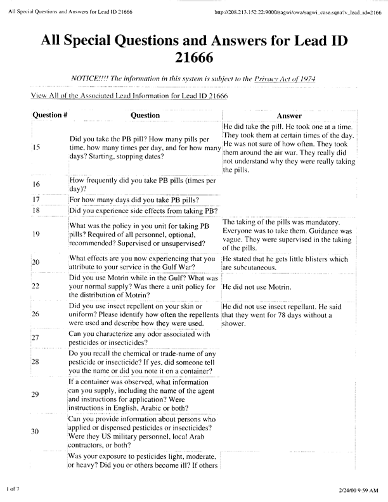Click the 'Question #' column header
(50, 116)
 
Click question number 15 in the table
(36, 147)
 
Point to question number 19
(36, 234)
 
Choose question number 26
(36, 314)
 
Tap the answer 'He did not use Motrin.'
(257, 287)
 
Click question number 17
(36, 200)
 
